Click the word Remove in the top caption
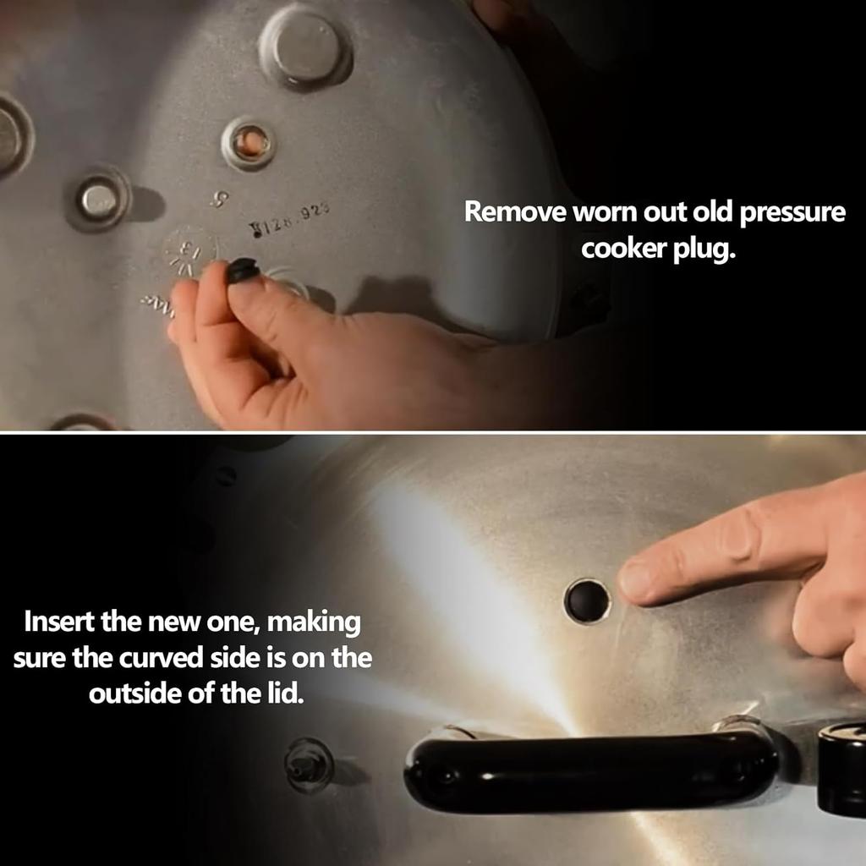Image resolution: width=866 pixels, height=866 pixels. pyautogui.click(x=516, y=212)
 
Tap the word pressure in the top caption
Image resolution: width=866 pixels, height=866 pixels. pyautogui.click(x=792, y=212)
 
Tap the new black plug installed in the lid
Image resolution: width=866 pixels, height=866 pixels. pyautogui.click(x=587, y=601)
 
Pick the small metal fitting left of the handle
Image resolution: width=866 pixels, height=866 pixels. pyautogui.click(x=308, y=764)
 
